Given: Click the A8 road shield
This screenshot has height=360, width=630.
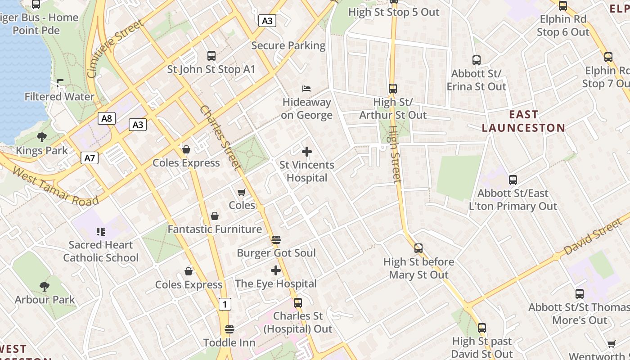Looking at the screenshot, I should [107, 118].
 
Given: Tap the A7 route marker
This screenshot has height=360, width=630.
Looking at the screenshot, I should [90, 157].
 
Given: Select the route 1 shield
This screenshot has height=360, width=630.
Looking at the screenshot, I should [225, 304].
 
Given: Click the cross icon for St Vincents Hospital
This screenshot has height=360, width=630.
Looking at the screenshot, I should [307, 152].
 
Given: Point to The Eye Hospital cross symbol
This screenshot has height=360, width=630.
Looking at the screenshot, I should [276, 270].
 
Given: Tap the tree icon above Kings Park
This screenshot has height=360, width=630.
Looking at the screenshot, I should [42, 137].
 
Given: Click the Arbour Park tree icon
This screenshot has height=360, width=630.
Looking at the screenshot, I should [44, 286].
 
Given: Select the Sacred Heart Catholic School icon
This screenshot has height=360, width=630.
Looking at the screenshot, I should [101, 232].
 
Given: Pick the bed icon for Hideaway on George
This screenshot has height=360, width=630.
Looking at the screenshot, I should [306, 88].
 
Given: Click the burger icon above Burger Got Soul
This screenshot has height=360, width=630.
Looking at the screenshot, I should [276, 239].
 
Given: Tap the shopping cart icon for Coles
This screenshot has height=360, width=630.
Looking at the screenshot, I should [242, 192].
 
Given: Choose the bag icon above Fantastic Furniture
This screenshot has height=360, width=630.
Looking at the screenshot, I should [215, 216].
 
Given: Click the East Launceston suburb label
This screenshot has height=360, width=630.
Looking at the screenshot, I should [523, 121].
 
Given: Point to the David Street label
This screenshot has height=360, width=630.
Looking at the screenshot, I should [594, 236].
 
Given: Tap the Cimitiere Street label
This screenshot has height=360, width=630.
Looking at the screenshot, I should [116, 49].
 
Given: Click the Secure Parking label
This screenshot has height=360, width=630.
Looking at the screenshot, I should [288, 45].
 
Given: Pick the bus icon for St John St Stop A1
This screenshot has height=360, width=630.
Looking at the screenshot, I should [211, 56].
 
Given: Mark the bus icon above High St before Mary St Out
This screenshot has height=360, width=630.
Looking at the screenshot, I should [418, 248].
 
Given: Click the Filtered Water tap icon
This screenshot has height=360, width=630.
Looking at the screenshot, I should [59, 83].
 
